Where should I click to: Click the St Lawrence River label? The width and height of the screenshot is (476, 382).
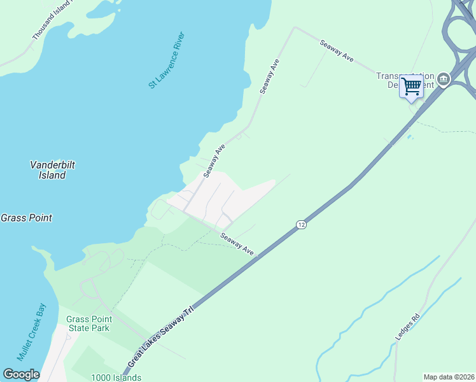[166, 60]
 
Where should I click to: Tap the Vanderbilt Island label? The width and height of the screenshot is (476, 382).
[53, 169]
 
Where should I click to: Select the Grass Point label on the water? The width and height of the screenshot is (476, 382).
[26, 218]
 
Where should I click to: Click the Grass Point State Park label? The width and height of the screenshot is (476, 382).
[89, 323]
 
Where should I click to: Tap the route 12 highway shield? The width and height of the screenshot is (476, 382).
[301, 225]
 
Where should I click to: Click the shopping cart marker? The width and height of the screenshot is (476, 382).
[412, 85]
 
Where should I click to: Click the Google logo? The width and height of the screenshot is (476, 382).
[21, 374]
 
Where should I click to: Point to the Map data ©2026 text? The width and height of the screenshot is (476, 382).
[449, 377]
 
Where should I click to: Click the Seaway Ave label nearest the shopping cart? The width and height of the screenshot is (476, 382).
[337, 51]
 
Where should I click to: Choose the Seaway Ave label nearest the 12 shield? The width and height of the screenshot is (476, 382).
[237, 245]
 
